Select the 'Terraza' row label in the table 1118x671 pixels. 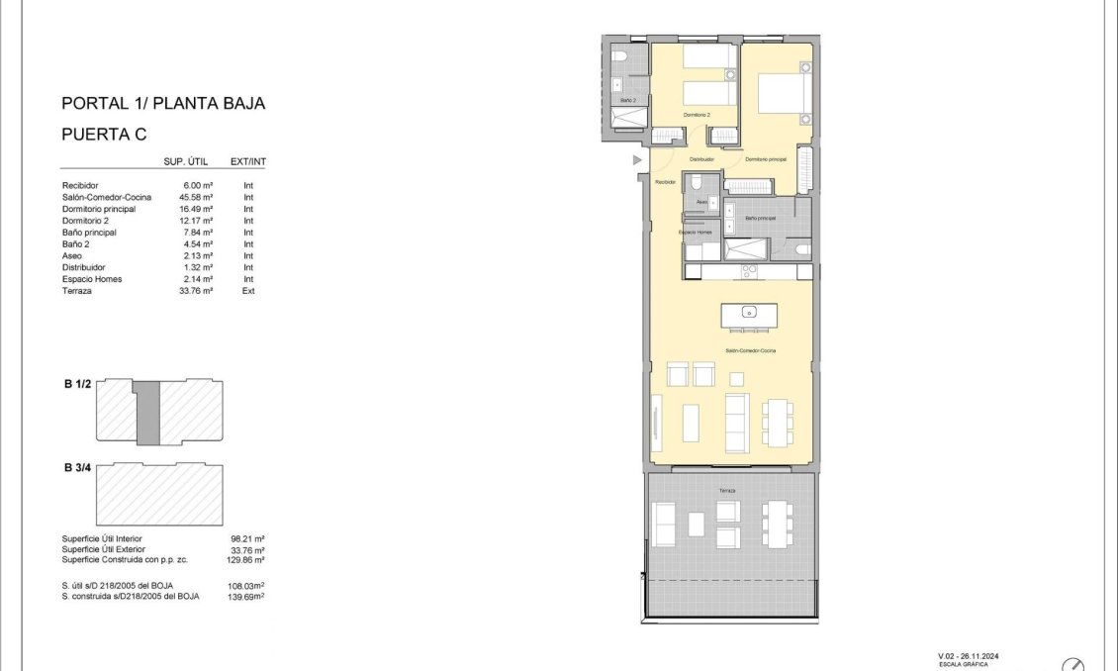click(x=77, y=291)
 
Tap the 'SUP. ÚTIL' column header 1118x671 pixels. click(x=184, y=161)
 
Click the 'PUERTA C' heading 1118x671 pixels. click(x=104, y=136)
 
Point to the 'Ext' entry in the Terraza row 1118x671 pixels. click(x=248, y=291)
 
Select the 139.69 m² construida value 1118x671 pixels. click(x=246, y=597)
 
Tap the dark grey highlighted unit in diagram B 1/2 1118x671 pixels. click(x=147, y=412)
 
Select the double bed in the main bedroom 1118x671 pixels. click(x=786, y=94)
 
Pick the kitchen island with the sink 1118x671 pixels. click(x=749, y=315)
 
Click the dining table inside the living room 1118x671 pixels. click(x=777, y=422)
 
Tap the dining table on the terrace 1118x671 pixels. click(x=777, y=523)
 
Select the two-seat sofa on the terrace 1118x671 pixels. click(x=663, y=525)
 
